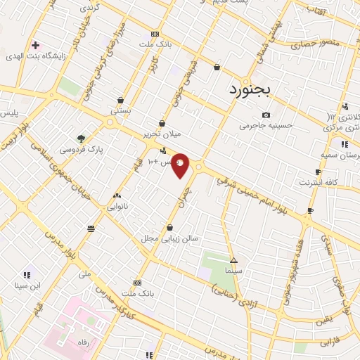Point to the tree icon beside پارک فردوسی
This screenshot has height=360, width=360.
coord(82,139)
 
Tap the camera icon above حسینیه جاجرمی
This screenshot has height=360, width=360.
coord(266,115)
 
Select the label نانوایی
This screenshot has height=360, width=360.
coord(117,207)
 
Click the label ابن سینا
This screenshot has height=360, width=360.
coord(27,285)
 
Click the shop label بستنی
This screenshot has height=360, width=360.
coord(121,111)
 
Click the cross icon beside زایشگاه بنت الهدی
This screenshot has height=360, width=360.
coord(35,46)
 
